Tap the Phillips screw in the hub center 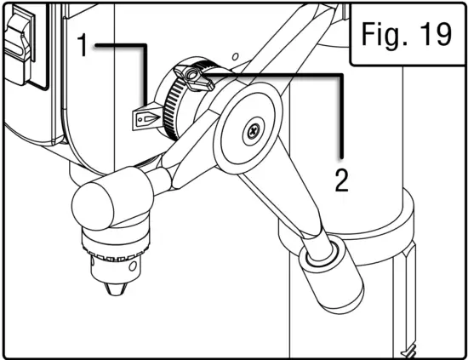(253, 131)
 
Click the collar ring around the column (400, 217)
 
